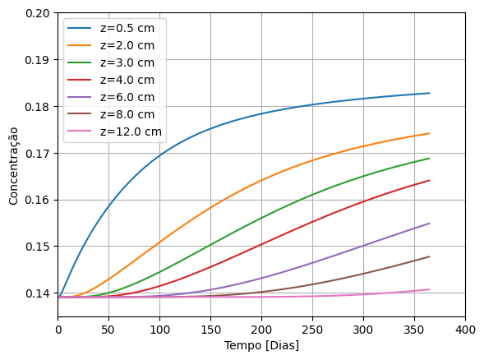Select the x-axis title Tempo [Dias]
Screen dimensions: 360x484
coord(261,345)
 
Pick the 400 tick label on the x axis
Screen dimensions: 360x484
coord(465,329)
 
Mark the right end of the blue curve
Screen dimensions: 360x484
coord(429,93)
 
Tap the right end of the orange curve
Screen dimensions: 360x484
coord(429,133)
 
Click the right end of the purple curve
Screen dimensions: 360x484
coord(429,224)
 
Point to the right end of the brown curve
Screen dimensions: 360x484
coord(429,256)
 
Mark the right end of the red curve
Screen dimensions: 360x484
coord(429,181)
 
